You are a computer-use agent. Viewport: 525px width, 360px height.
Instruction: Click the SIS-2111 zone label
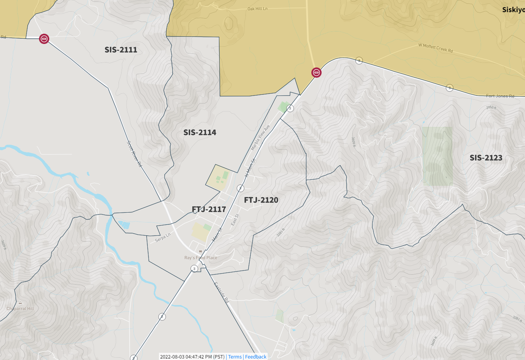(121, 50)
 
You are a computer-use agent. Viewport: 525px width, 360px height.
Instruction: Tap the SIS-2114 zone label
(200, 132)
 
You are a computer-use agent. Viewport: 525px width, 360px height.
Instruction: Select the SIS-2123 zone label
(486, 158)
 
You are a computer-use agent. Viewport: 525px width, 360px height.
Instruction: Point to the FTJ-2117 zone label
(209, 209)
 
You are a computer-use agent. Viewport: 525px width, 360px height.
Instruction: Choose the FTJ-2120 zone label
(261, 200)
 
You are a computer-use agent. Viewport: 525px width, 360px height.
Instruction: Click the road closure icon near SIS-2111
(44, 39)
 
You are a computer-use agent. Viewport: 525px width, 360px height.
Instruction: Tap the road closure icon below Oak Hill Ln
(316, 72)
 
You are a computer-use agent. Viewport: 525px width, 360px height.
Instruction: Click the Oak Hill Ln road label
(257, 9)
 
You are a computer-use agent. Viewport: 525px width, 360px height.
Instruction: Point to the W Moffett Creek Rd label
(435, 48)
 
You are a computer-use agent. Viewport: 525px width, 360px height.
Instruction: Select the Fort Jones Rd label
(500, 96)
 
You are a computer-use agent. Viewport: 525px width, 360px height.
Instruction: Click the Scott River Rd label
(134, 153)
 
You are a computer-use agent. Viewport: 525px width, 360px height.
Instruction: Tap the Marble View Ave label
(260, 137)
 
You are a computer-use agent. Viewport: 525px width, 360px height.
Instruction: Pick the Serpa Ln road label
(163, 238)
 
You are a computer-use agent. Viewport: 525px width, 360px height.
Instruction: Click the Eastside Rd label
(221, 292)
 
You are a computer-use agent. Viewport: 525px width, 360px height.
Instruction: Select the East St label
(235, 220)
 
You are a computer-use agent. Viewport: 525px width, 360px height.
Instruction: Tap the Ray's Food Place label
(201, 258)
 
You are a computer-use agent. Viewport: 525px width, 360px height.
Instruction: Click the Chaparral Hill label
(20, 308)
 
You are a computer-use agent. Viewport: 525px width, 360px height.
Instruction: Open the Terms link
(235, 357)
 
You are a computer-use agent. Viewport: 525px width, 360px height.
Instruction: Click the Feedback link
(256, 357)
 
